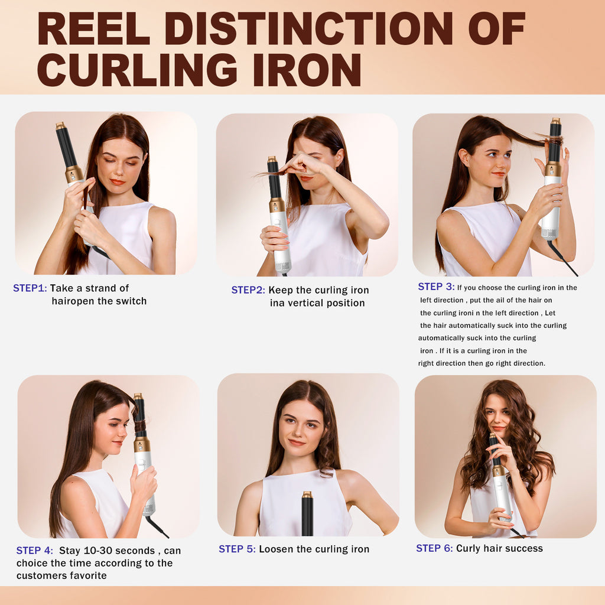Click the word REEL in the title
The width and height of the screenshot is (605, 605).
[93, 28]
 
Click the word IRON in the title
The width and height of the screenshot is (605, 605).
[307, 69]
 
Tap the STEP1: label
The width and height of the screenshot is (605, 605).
[30, 288]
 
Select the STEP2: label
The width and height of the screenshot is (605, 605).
[248, 290]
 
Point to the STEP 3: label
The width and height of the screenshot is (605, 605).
[436, 287]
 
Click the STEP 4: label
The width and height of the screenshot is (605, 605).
[34, 551]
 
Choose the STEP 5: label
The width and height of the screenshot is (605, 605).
[237, 549]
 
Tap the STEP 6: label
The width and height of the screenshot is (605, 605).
[434, 548]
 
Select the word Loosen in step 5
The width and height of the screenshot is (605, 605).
[277, 549]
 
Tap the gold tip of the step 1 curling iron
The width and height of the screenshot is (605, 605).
[61, 126]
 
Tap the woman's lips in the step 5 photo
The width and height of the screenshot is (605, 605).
[297, 442]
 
